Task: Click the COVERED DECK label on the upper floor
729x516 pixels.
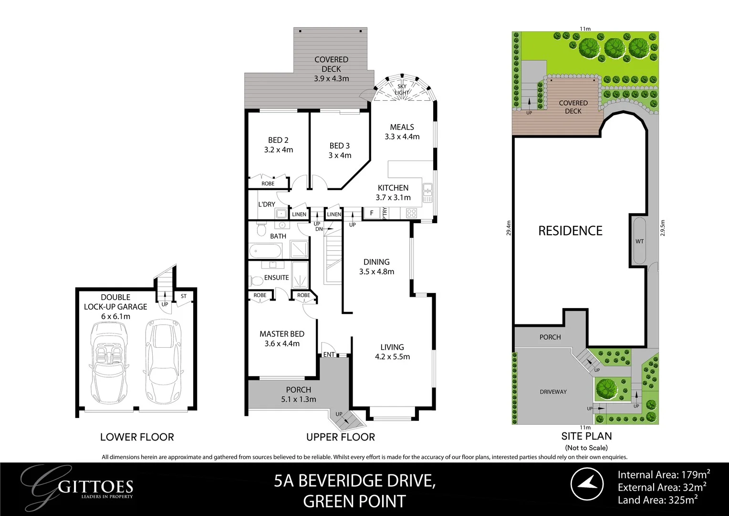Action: [x=331, y=64]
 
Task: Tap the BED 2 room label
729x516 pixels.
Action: [x=278, y=140]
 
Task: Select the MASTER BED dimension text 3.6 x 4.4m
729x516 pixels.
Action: [x=282, y=344]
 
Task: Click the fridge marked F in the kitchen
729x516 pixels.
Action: [x=372, y=213]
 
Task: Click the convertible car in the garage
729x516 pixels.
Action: [x=109, y=361]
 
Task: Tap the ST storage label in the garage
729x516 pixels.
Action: [x=184, y=296]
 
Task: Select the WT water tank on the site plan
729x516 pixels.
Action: [x=639, y=241]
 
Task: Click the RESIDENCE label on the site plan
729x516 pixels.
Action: [x=570, y=231]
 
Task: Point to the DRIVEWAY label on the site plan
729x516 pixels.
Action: [x=553, y=392]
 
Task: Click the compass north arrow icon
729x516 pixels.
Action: [x=587, y=484]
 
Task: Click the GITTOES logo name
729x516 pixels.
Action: [x=95, y=487]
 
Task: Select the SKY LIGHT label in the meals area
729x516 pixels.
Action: [x=402, y=89]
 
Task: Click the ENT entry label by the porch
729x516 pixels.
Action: [x=329, y=355]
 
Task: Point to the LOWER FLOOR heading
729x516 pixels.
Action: [x=137, y=437]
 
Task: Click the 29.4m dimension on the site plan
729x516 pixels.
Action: [x=509, y=228]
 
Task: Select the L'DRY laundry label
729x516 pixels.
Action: [x=267, y=204]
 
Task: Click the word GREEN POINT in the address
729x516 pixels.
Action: [x=354, y=501]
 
